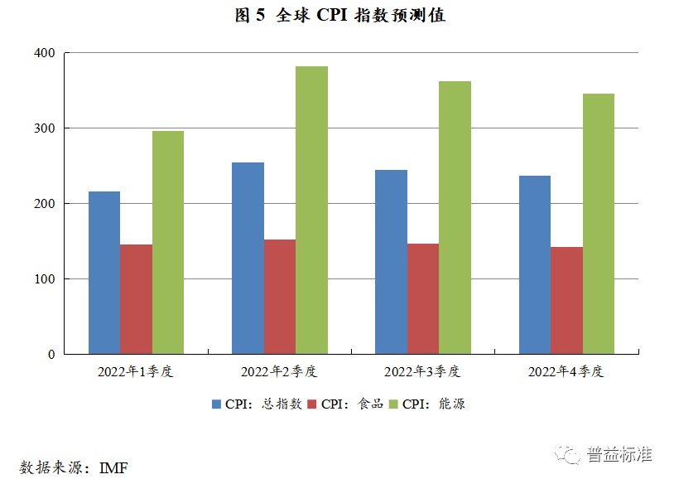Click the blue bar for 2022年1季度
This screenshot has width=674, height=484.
coord(104,273)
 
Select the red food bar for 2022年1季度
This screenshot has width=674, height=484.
coord(137,299)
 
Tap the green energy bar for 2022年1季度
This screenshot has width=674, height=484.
coord(168,242)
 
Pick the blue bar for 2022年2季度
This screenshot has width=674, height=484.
coord(248,258)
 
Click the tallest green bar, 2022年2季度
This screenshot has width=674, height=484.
coord(311,210)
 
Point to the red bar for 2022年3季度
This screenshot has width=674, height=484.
coord(423,298)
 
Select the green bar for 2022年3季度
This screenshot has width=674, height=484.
coord(455,217)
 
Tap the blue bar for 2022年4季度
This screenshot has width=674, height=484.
coord(535,264)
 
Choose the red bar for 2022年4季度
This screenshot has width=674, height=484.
coord(566,300)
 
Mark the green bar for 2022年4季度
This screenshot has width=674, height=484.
coord(598,224)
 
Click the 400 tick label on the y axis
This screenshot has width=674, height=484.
coord(45,53)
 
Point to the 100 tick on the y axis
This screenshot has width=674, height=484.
coord(45,279)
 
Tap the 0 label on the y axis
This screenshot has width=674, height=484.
coord(51,355)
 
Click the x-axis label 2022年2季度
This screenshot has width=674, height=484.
coord(279,371)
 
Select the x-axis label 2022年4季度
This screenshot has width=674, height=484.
coord(566,371)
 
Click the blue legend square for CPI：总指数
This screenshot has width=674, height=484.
coord(217,404)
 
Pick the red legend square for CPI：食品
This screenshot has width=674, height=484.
coord(313,404)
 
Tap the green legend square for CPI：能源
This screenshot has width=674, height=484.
coord(394,404)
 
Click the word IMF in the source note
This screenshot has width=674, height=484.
coord(113,467)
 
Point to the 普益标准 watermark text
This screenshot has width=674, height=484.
coord(619,454)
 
